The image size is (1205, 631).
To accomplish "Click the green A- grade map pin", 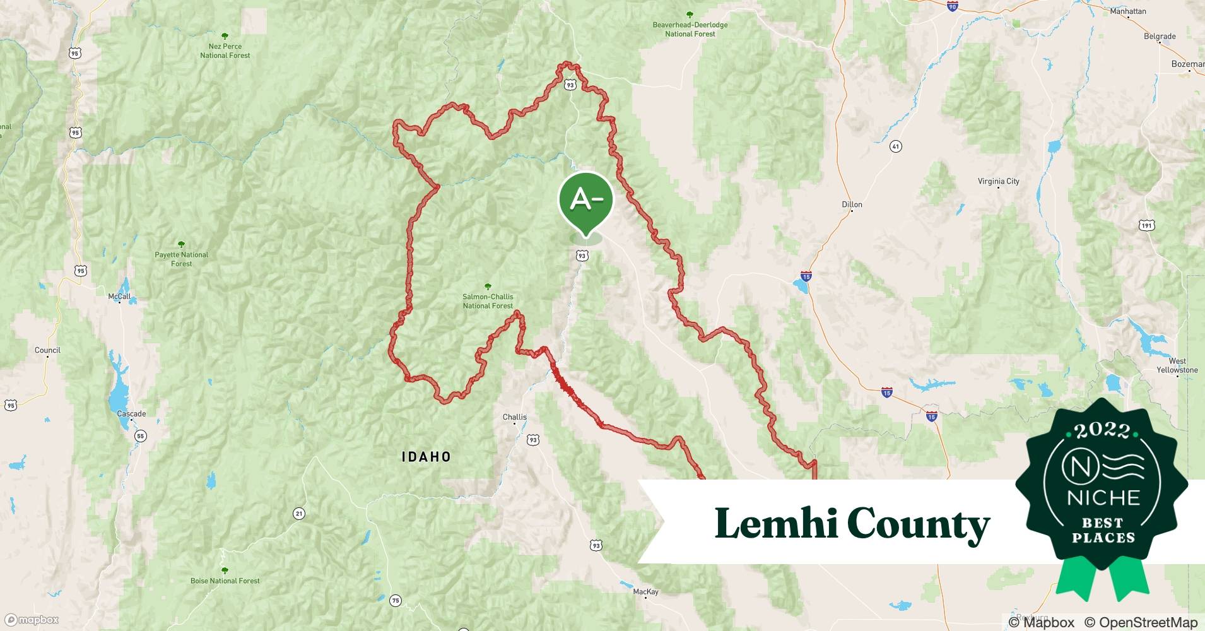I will pos(586,201).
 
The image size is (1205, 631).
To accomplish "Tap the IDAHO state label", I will pos(426,457).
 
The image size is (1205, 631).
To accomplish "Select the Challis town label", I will pos(515,417).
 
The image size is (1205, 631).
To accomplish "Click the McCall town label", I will pos(119,297).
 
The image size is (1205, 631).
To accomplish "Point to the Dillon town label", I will pos(852,204).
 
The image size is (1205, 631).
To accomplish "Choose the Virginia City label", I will pos(998,181).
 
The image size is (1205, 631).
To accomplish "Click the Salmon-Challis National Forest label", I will pos(488,301).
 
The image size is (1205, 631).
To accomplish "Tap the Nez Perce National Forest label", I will pos(225,50).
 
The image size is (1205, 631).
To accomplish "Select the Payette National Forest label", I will pos(181,259).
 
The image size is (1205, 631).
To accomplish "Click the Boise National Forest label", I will pos(225,581).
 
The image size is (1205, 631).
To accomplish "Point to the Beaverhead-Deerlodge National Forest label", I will pos(690,29).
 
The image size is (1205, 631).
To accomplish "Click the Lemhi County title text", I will pos(852,524).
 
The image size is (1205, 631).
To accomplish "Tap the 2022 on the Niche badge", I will pos(1102,430).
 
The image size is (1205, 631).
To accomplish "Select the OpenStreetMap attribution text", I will pos(1141,622).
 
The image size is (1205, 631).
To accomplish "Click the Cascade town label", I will pos(131,414).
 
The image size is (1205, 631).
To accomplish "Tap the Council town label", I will pos(47,350).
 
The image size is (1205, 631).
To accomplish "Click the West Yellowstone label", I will pos(1177,365).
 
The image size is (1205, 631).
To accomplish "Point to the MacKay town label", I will pos(645,592).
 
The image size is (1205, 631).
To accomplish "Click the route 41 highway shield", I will pos(895,146).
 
